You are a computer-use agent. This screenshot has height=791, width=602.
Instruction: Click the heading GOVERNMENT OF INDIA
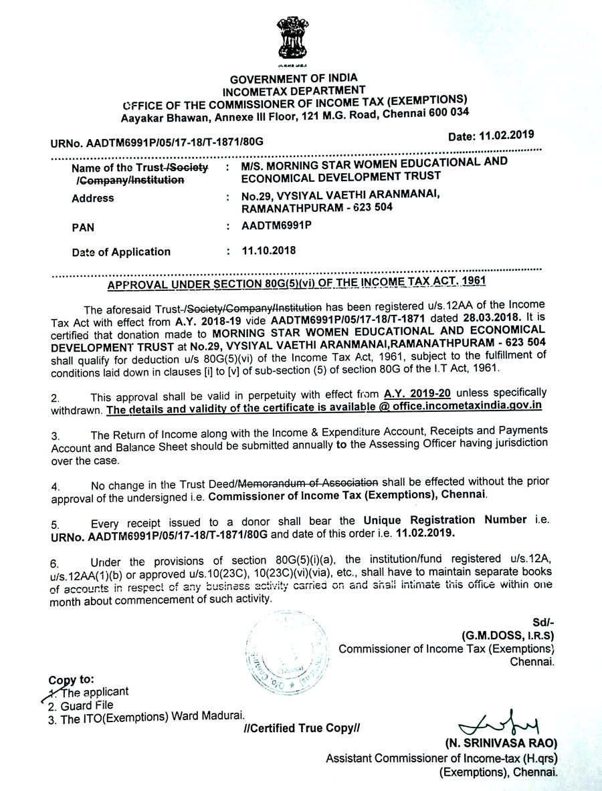(291, 78)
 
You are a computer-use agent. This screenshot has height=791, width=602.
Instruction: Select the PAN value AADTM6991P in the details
(268, 227)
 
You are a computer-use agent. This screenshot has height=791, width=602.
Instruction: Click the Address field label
(92, 198)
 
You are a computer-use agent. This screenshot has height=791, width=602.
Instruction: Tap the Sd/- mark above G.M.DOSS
(544, 622)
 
